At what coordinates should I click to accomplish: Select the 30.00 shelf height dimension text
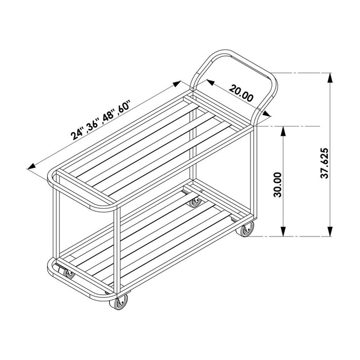pyautogui.click(x=278, y=184)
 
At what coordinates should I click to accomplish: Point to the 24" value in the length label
pyautogui.click(x=77, y=134)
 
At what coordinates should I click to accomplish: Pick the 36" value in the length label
pyautogui.click(x=92, y=125)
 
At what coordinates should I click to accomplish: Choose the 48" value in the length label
pyautogui.click(x=107, y=116)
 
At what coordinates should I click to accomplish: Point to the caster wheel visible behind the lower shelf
pyautogui.click(x=195, y=202)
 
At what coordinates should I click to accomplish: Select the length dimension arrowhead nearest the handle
pyautogui.click(x=177, y=84)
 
